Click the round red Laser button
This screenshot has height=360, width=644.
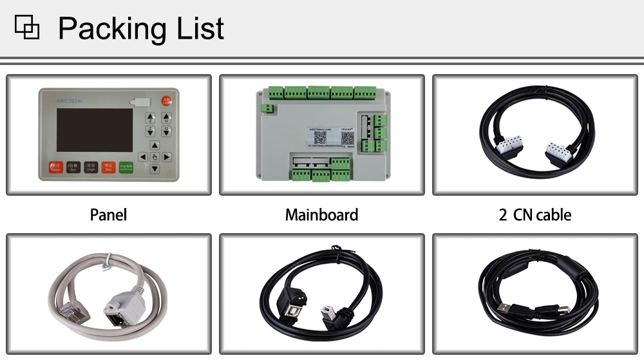(x=166, y=100)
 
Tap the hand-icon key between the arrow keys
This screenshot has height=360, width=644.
(x=155, y=156)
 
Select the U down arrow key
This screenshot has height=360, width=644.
(x=166, y=133)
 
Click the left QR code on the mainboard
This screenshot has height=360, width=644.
(x=320, y=137)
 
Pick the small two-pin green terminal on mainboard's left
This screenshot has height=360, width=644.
(x=275, y=94)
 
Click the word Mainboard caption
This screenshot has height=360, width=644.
(x=321, y=214)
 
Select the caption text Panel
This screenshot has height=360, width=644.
(x=108, y=214)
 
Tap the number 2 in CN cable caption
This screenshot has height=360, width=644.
(x=503, y=214)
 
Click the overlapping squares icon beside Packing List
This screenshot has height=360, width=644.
(x=26, y=28)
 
